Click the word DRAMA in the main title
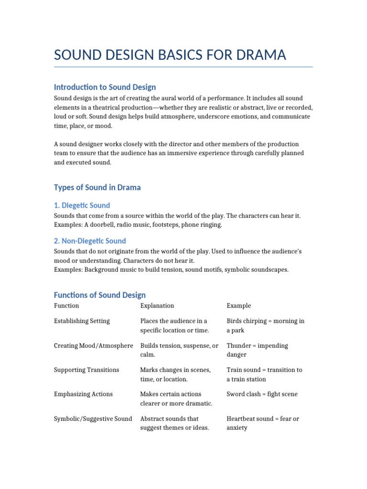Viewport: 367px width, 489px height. click(259, 55)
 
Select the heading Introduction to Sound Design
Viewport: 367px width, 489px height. click(105, 87)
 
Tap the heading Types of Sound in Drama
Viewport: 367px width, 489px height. click(97, 187)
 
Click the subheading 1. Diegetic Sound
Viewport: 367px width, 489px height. click(82, 205)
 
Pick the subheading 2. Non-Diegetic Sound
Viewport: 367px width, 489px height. click(90, 241)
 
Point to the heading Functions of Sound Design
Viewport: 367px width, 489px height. click(99, 295)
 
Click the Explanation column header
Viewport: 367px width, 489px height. click(157, 306)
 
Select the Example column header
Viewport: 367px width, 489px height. click(238, 306)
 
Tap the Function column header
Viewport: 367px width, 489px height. click(66, 306)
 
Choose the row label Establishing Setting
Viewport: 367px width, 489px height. click(82, 321)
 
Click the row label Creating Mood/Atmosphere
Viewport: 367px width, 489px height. click(93, 345)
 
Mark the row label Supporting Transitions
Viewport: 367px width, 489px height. click(86, 370)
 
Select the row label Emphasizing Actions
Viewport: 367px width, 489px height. click(83, 394)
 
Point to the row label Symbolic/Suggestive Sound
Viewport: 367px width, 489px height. click(93, 419)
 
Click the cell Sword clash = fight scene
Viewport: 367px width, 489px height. click(262, 394)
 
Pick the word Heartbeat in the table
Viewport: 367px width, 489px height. click(241, 419)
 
